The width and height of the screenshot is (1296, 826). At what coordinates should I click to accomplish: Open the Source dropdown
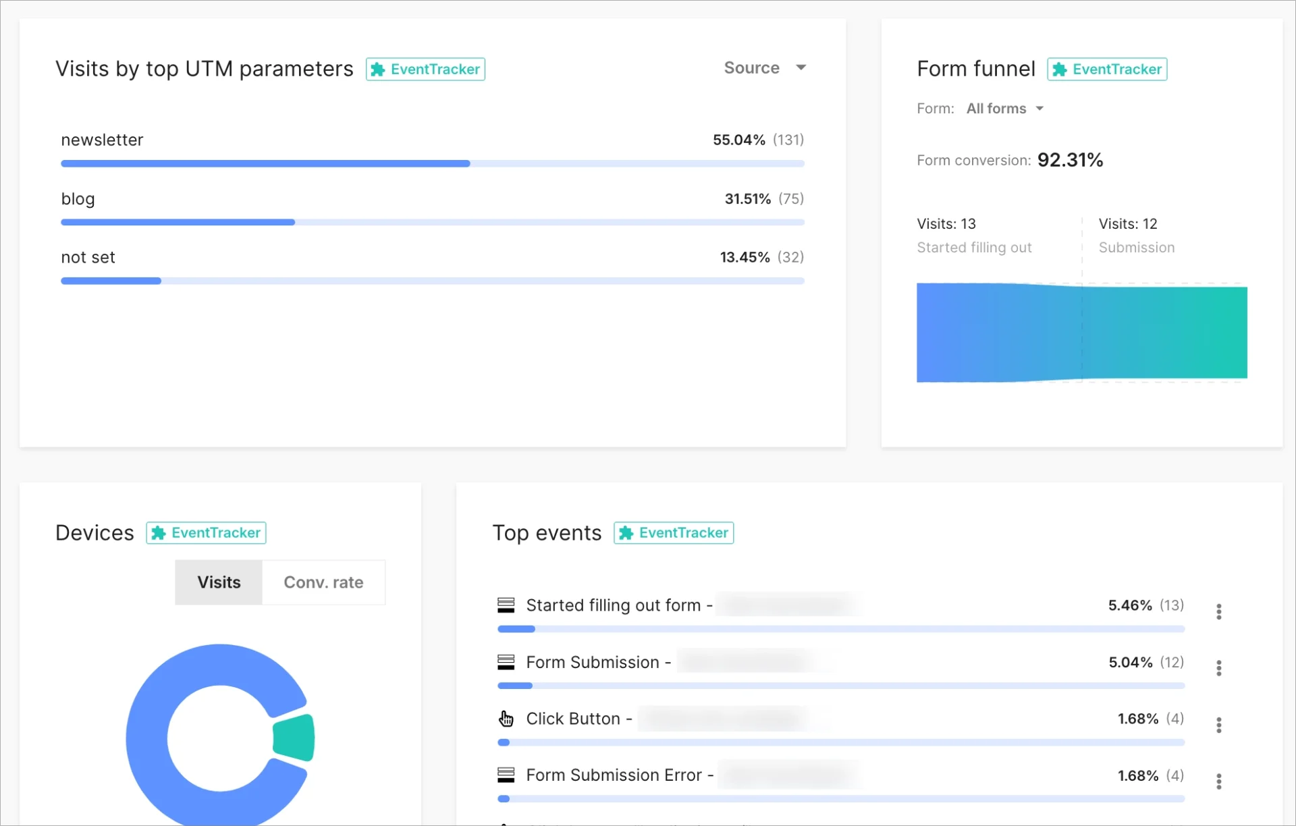[x=764, y=68]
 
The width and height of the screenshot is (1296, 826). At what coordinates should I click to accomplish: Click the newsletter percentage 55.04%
[x=738, y=140]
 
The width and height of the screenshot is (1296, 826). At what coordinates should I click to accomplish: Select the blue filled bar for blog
[x=178, y=222]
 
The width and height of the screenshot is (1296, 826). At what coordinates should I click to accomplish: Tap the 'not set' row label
[x=88, y=258]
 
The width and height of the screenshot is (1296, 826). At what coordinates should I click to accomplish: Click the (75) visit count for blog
[x=790, y=199]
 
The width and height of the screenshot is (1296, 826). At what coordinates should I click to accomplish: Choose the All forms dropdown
[x=1004, y=109]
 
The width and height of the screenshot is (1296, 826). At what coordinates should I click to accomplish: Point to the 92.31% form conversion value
[x=1070, y=160]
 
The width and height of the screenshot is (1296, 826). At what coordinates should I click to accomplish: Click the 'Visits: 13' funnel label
[x=946, y=224]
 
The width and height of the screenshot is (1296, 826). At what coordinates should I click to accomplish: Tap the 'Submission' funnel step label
[x=1136, y=248]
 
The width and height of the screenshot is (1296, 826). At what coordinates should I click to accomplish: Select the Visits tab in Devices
[x=219, y=582]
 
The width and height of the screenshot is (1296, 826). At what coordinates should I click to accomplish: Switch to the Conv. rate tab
[x=323, y=582]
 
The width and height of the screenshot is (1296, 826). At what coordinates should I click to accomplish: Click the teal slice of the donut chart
[x=295, y=738]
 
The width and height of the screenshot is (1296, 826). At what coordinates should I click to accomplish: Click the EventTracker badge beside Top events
[x=674, y=533]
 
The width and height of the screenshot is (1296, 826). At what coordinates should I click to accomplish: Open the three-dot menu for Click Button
[x=1218, y=725]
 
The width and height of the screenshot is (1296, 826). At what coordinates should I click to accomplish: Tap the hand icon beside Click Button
[x=506, y=719]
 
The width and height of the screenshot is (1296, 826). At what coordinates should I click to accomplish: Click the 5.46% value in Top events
[x=1129, y=605]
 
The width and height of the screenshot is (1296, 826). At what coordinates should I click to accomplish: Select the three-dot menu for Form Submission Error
[x=1218, y=781]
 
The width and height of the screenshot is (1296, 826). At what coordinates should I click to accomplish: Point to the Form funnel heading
[x=975, y=69]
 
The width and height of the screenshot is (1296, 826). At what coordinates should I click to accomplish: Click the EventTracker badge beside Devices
[x=206, y=533]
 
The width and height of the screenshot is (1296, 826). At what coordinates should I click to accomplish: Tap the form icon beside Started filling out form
[x=506, y=605]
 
